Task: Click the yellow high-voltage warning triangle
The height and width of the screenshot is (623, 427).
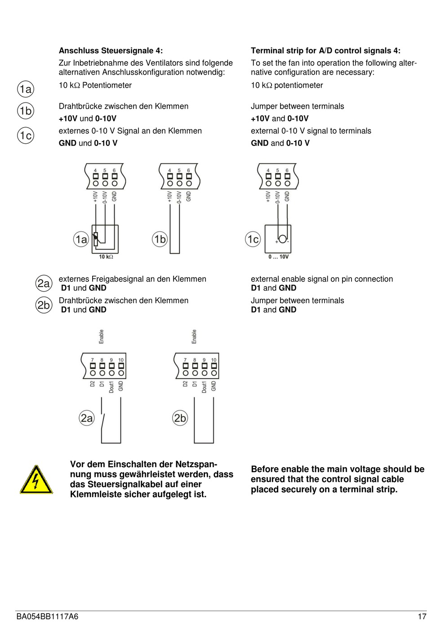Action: [x=36, y=481]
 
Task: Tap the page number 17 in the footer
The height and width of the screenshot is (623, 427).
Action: [x=421, y=616]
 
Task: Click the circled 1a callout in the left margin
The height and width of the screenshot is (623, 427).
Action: [x=26, y=89]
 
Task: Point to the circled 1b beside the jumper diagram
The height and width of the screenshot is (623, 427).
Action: [x=160, y=239]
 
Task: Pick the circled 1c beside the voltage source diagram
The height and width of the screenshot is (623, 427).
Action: [x=253, y=239]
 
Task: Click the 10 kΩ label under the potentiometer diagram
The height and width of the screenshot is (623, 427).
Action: [x=106, y=256]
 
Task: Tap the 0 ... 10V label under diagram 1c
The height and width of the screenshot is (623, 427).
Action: [x=279, y=256]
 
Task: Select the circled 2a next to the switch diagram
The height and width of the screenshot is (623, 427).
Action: [x=86, y=418]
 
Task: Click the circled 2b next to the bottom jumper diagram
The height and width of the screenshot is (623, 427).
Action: [x=180, y=418]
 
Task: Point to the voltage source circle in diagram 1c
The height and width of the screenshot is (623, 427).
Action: [x=283, y=239]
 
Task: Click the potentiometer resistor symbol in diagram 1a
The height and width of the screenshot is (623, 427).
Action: [x=96, y=239]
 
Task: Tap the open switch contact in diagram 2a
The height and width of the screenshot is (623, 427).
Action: [x=103, y=422]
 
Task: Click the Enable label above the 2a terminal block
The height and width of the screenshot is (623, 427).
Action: [x=102, y=336]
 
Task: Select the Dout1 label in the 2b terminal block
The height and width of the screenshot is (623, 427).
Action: [x=204, y=387]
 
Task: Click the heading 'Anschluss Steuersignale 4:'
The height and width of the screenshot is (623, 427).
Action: [x=111, y=51]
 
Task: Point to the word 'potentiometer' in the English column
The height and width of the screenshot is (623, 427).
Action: [x=298, y=85]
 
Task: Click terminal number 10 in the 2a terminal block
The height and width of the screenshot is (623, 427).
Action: [x=121, y=360]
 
